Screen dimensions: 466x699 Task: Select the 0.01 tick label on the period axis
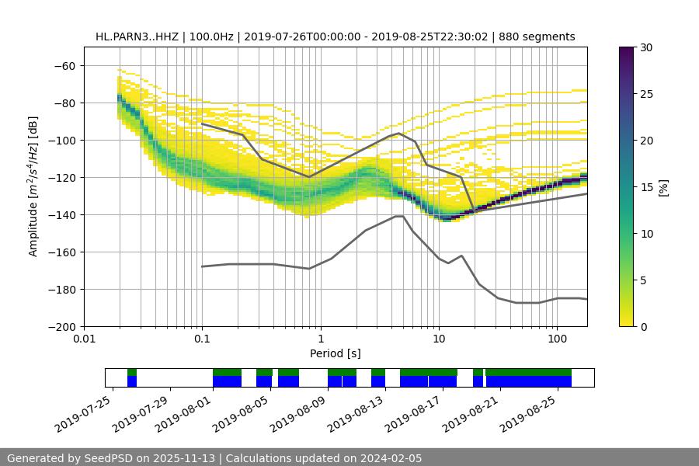coord(84,339)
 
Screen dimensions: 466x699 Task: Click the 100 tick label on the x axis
coord(557,339)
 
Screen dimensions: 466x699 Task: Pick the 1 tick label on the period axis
coord(320,339)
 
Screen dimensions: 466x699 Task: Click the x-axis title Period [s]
coord(335,353)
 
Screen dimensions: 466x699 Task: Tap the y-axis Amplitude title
coord(33,186)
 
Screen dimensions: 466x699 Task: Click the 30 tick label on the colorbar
coord(646,47)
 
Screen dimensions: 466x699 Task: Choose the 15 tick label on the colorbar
coord(646,187)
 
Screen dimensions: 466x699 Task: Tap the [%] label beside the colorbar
coord(663,187)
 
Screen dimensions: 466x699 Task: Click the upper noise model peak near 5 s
coord(399,133)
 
